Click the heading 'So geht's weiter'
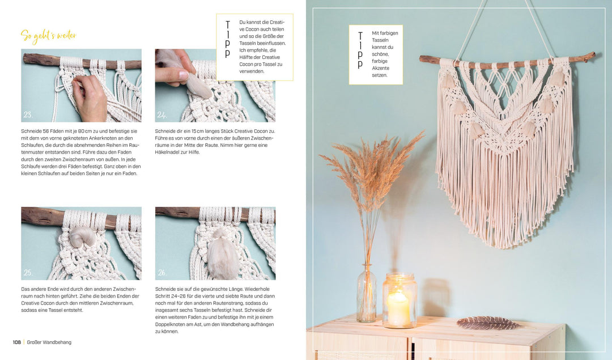point(48,36)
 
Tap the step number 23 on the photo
point(28,115)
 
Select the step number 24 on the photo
point(162,115)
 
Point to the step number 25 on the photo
point(28,273)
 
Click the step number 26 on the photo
point(162,273)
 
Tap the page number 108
point(17,342)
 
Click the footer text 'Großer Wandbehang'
point(50,342)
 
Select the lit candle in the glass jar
point(398,307)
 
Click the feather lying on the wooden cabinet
point(487,323)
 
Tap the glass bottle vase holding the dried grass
point(366,295)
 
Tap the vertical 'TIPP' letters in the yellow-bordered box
point(227,40)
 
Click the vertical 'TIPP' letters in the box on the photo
point(360,49)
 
